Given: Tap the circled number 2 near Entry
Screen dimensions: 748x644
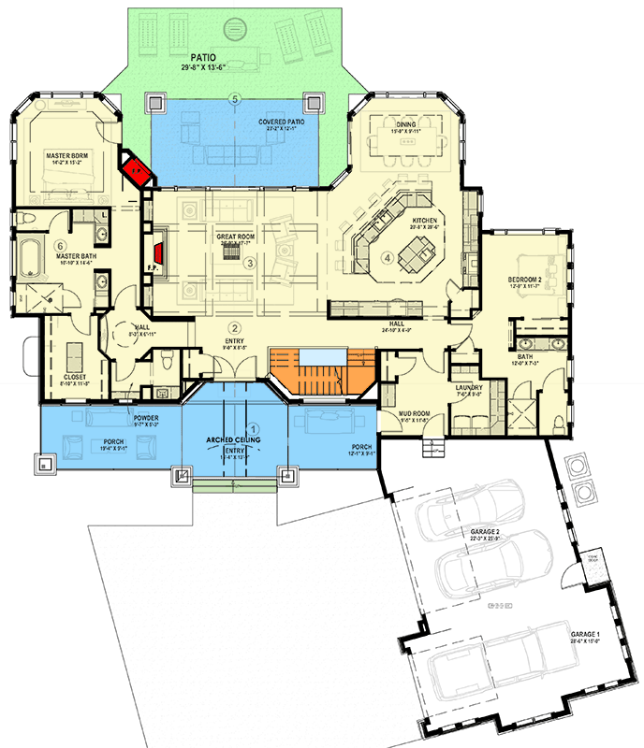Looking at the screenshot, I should coord(236,327).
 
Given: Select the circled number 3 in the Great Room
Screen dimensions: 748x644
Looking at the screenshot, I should coord(249,264).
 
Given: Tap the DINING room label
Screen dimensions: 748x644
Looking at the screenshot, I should coord(405,123).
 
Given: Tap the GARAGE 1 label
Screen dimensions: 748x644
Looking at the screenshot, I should coord(584,634).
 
